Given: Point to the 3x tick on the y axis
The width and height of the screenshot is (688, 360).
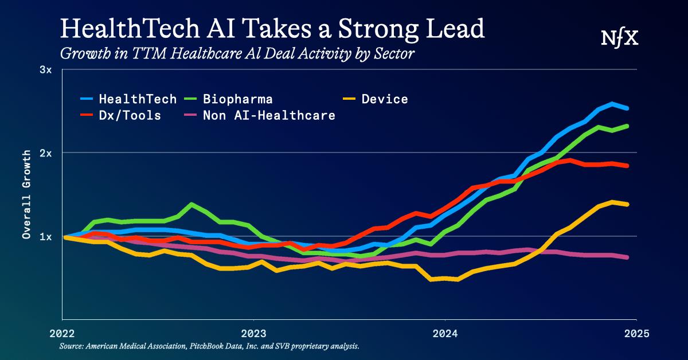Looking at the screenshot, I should (45, 70).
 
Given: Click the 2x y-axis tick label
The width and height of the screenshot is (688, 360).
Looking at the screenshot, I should (45, 153).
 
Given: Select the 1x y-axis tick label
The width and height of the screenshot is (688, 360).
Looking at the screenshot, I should (45, 237).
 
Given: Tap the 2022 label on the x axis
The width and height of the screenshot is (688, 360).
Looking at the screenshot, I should (62, 332).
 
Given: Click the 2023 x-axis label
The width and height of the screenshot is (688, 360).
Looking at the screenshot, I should (253, 332).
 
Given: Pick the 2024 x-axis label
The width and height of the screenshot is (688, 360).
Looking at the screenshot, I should (445, 332).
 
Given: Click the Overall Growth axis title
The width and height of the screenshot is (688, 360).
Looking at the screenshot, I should (26, 195).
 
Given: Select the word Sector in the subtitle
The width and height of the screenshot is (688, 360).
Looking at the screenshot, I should (394, 54).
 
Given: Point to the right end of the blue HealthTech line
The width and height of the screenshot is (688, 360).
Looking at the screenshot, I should (628, 108).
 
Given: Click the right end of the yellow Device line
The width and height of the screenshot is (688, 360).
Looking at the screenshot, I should (628, 204).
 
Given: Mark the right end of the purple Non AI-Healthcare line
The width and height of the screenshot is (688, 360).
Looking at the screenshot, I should (628, 257).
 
